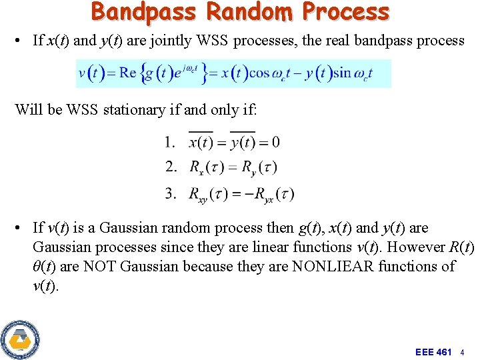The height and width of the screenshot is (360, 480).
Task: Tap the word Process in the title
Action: tap(345, 11)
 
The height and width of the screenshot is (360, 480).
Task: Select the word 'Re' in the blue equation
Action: tap(128, 73)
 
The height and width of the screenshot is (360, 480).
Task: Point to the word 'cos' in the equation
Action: tap(259, 73)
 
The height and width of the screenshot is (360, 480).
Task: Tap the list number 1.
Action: tap(170, 141)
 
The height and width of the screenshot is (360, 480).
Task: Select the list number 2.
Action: tap(170, 167)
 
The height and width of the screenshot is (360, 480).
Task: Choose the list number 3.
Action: tap(170, 193)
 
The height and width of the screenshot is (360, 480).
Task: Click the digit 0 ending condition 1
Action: tap(275, 142)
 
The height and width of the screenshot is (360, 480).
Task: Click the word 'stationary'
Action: tap(135, 110)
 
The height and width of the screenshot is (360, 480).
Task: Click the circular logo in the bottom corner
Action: tap(20, 339)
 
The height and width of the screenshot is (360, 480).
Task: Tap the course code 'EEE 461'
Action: tap(433, 351)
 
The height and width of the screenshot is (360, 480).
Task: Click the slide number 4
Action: tap(462, 351)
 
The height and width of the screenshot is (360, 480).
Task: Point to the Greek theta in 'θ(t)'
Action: tap(37, 267)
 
